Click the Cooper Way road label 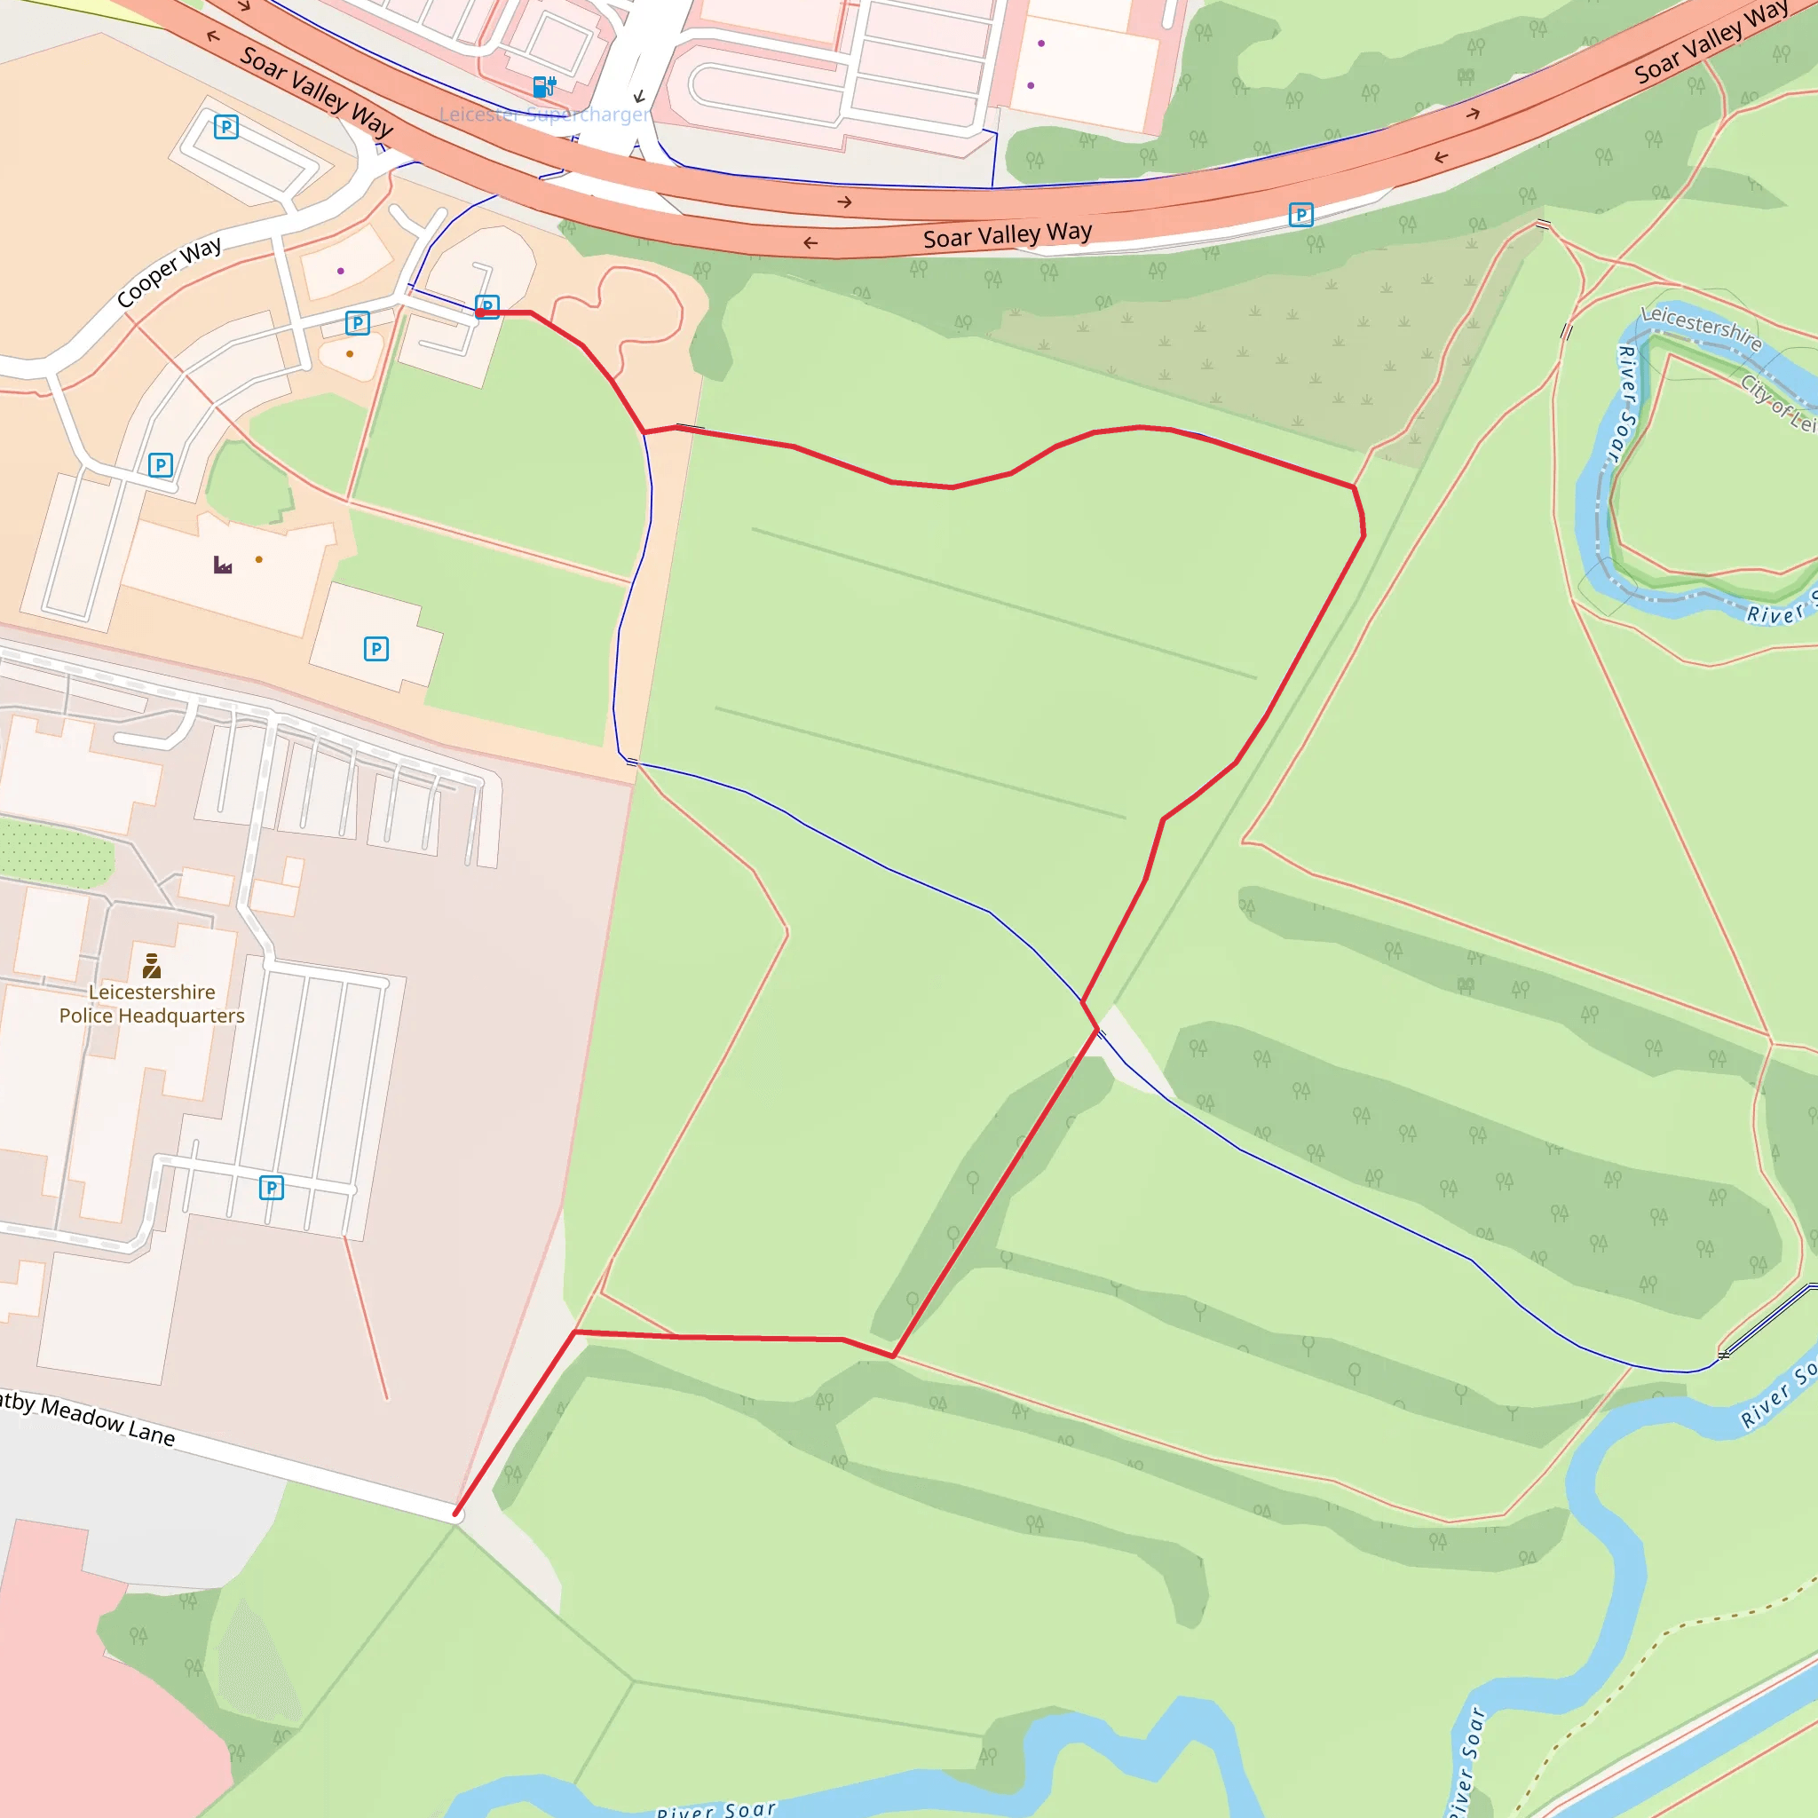(170, 273)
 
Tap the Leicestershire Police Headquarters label (152, 1004)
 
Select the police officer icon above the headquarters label (152, 966)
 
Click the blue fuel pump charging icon (544, 88)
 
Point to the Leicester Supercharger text (544, 115)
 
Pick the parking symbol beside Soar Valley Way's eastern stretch (1300, 216)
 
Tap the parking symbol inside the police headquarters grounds (271, 1188)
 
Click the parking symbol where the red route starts (486, 307)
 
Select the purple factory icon (223, 565)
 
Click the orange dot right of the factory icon (259, 560)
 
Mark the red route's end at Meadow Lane (456, 1515)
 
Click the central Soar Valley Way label (1007, 235)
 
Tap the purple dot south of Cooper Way (341, 271)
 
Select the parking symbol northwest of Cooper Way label (225, 127)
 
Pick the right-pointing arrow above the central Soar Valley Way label (845, 202)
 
